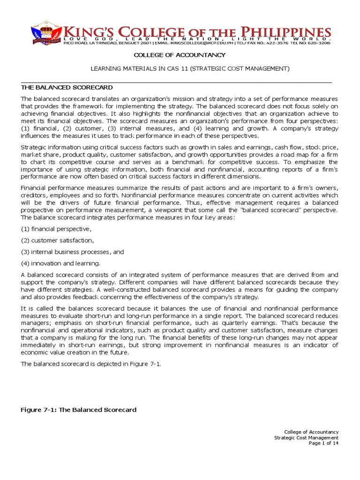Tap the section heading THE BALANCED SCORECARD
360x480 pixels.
pyautogui.click(x=67, y=88)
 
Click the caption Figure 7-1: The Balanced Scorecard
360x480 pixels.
pyautogui.click(x=79, y=410)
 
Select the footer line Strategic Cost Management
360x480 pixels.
pyautogui.click(x=306, y=437)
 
